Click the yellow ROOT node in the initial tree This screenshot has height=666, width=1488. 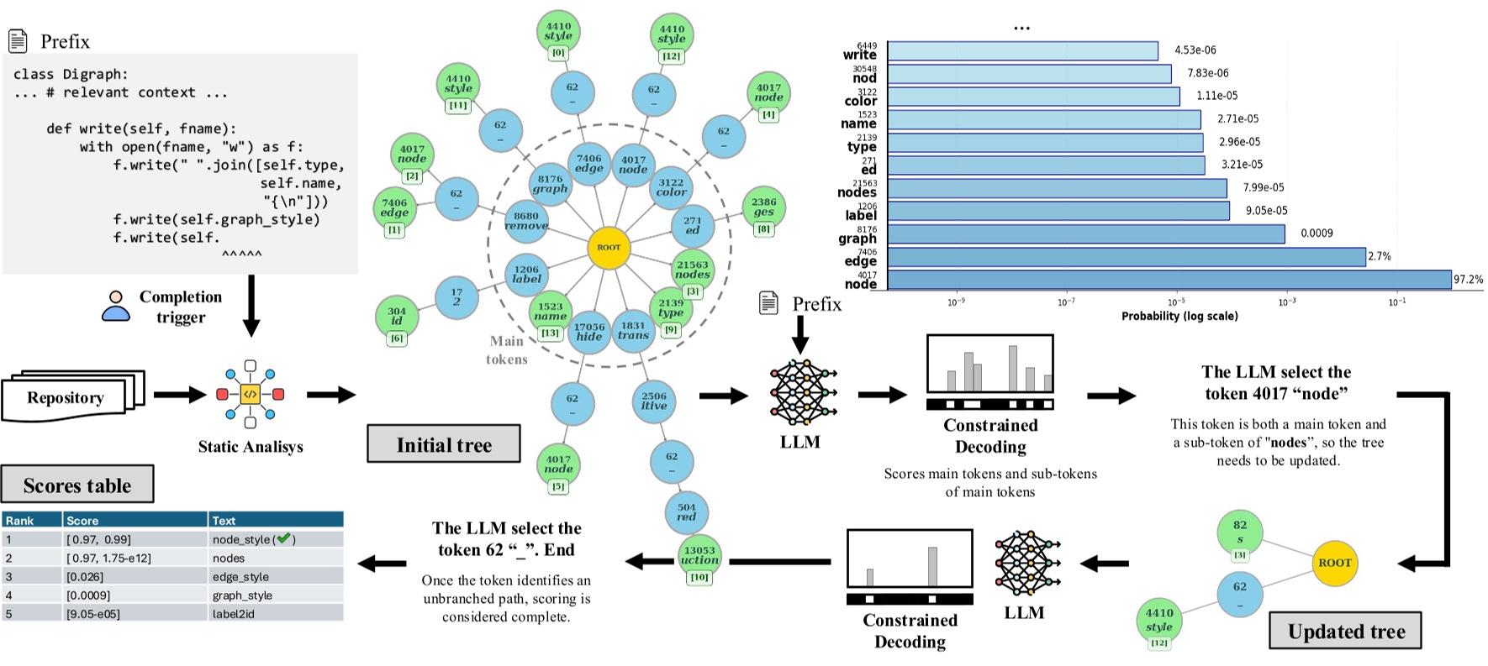[609, 248]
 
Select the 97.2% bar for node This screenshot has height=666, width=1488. [1169, 280]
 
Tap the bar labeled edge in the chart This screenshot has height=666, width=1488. [1126, 257]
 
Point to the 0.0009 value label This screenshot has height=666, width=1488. [1317, 233]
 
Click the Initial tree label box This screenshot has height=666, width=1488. [444, 444]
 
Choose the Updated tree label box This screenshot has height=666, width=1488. [1345, 632]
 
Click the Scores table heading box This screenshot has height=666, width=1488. [77, 485]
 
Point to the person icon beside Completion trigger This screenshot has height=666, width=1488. [116, 307]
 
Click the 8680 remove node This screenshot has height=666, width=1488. [526, 221]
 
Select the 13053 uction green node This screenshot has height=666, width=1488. [699, 556]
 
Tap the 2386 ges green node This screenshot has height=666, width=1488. [763, 207]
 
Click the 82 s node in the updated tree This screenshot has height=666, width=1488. [1240, 531]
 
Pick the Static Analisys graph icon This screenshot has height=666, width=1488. [250, 394]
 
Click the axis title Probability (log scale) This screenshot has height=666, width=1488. [1179, 317]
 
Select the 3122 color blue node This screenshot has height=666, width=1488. [671, 187]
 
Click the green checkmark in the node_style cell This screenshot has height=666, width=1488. [283, 539]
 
